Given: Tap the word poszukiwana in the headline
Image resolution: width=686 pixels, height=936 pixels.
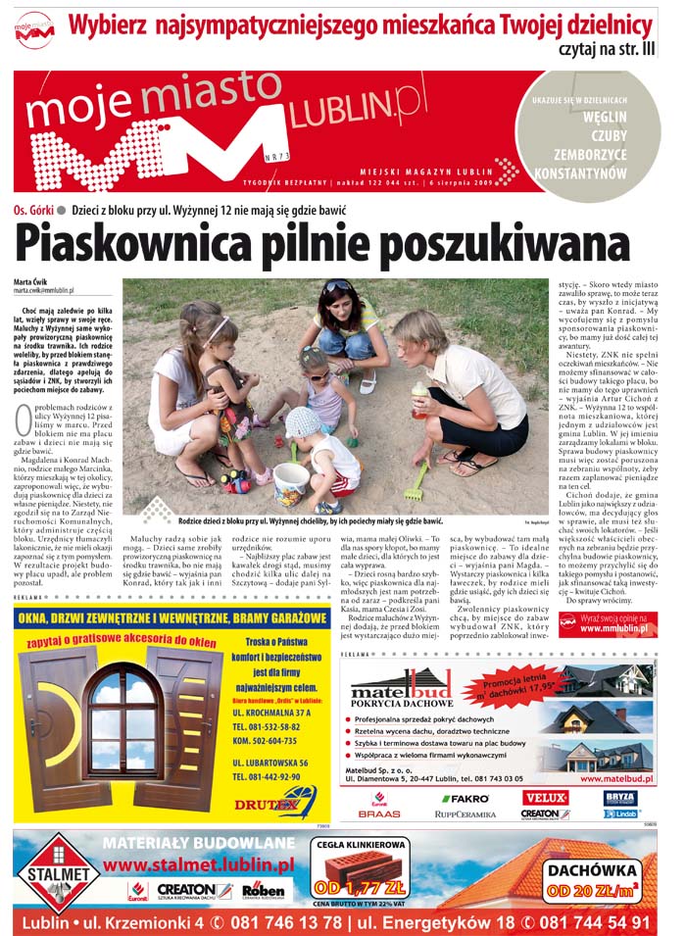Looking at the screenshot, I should pos(504,240).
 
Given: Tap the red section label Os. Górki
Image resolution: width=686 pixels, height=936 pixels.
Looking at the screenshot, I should pos(34,209).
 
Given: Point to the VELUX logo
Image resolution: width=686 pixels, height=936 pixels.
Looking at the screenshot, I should pos(546,798).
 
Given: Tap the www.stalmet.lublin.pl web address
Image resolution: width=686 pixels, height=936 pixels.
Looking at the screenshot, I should pos(199,864).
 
